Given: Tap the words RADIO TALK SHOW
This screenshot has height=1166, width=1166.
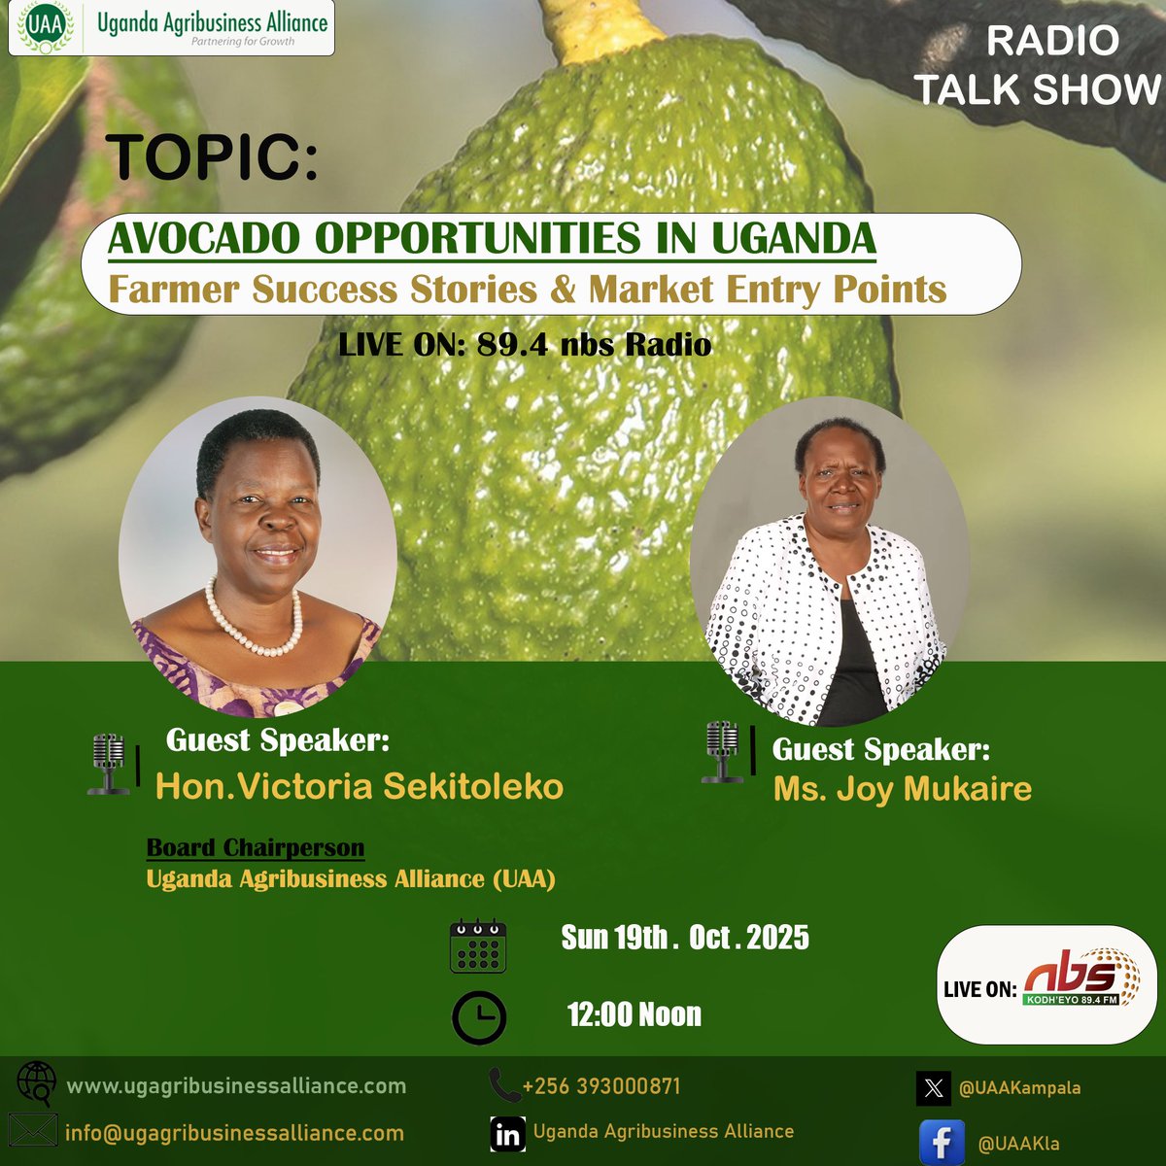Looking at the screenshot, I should [x=1040, y=66].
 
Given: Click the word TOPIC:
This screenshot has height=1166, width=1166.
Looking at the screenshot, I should [x=212, y=155].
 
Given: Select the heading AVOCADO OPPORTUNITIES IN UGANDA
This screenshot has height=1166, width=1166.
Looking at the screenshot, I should [x=492, y=238].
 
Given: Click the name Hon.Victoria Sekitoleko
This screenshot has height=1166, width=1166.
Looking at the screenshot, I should [x=360, y=785].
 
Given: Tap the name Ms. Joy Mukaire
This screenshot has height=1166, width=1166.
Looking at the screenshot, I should [x=902, y=788].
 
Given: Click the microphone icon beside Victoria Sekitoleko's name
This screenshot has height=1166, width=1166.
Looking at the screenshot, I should [x=110, y=764].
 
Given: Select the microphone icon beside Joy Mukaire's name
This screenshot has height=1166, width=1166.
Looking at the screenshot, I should [x=722, y=752].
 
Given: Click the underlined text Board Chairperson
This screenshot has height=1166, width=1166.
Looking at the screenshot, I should [x=255, y=847].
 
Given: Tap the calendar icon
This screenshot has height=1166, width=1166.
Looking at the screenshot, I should [x=478, y=946].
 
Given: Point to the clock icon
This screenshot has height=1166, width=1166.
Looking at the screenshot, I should [x=479, y=1017].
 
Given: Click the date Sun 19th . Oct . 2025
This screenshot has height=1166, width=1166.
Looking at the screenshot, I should [x=685, y=938].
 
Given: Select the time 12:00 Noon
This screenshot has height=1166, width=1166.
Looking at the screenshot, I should [x=634, y=1015].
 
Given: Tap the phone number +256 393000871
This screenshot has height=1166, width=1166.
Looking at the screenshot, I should [x=600, y=1085].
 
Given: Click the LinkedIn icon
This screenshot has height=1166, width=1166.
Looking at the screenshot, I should [x=507, y=1134].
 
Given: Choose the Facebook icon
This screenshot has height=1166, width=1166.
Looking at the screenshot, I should [x=942, y=1143].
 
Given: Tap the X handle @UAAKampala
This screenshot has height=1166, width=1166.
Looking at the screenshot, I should [x=1019, y=1088].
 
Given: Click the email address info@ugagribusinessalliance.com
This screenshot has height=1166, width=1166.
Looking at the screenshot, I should [x=234, y=1133].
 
